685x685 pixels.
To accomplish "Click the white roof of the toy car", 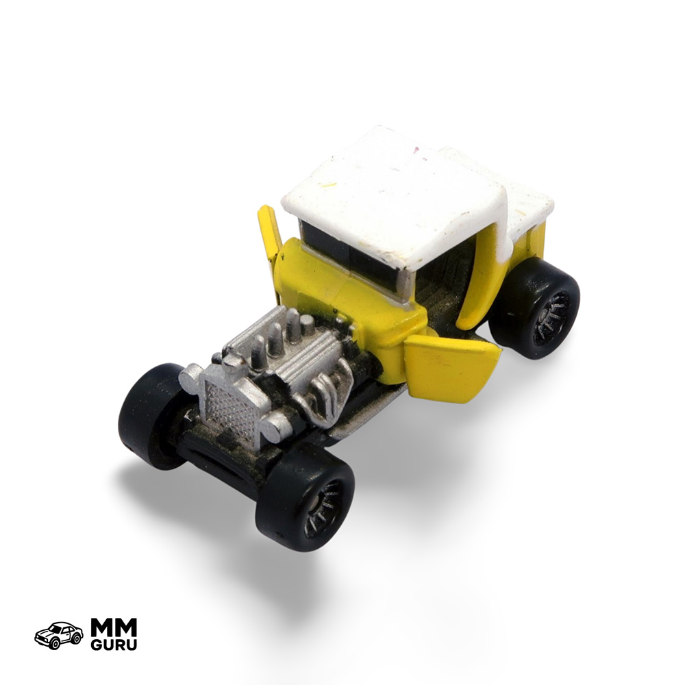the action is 415,197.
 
